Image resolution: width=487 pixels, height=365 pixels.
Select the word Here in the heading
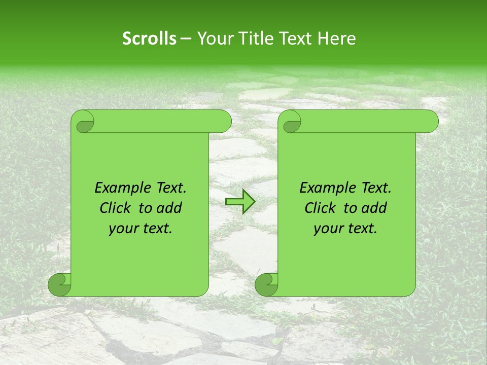(337, 39)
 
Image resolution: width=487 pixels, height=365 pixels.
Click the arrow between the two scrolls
(240, 201)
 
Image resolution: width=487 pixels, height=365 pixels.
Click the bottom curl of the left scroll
(60, 285)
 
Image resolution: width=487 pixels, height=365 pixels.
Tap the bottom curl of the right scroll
(267, 285)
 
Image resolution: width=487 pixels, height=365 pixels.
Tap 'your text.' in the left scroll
(141, 229)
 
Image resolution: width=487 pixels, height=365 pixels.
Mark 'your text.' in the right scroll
(345, 229)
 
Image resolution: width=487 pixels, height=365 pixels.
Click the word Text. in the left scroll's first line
(169, 188)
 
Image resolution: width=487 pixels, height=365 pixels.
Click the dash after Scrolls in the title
(186, 39)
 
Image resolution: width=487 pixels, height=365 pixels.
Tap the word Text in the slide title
(295, 39)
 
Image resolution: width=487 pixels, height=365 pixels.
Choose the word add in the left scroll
(170, 208)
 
